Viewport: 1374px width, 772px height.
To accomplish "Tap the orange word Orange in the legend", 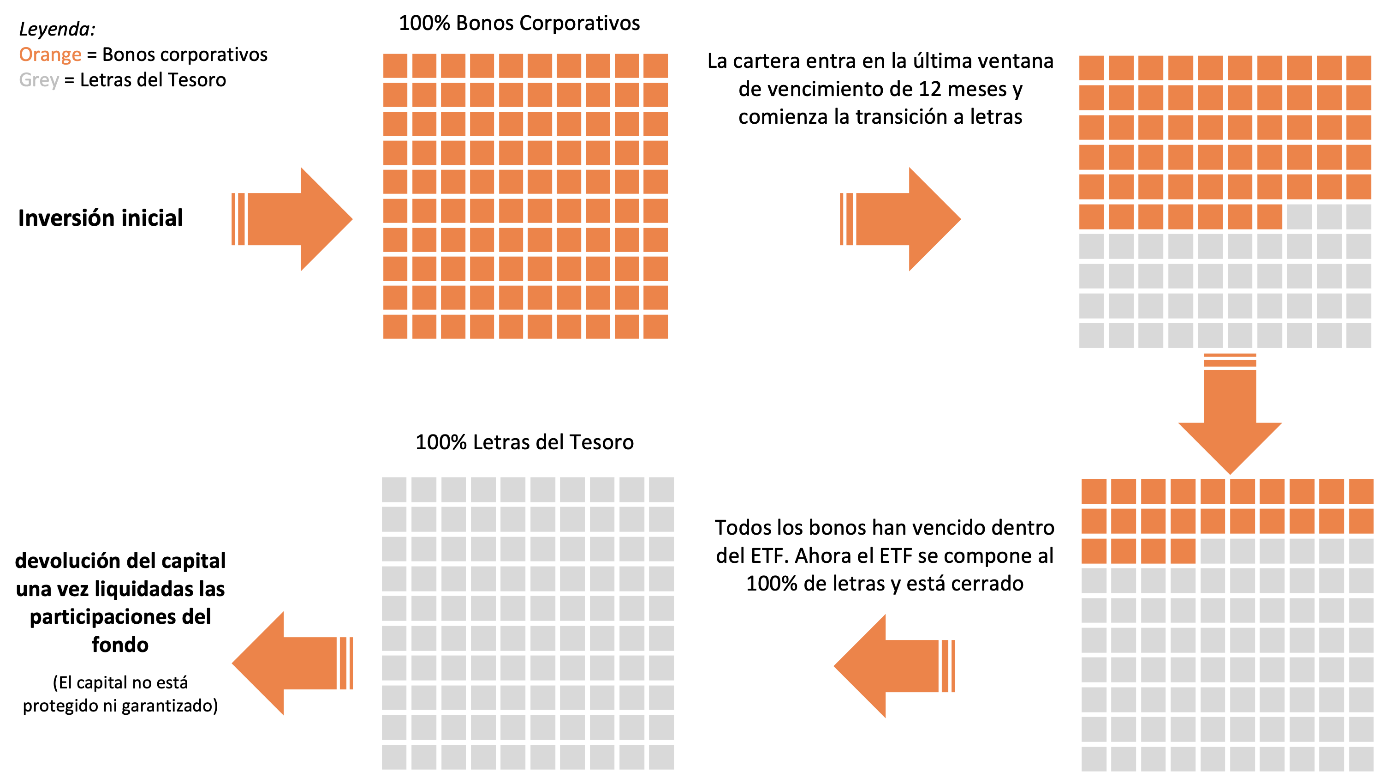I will tap(50, 55).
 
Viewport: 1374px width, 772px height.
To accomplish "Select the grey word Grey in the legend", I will tap(38, 80).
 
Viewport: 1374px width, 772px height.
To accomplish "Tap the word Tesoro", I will tap(197, 80).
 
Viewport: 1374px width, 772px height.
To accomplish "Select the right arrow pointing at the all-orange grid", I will tap(299, 219).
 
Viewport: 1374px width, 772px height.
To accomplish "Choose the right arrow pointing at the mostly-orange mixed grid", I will tap(907, 219).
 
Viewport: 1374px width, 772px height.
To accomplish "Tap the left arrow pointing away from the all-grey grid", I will tap(288, 663).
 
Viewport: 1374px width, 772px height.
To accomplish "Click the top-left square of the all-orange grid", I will tap(395, 66).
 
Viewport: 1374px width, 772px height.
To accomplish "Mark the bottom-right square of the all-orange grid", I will tap(655, 326).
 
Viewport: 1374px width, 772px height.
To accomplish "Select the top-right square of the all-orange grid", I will tap(655, 66).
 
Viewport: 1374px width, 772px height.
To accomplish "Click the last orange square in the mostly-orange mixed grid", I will tap(1270, 216).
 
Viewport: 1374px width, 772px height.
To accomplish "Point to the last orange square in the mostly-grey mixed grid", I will tap(1183, 550).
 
